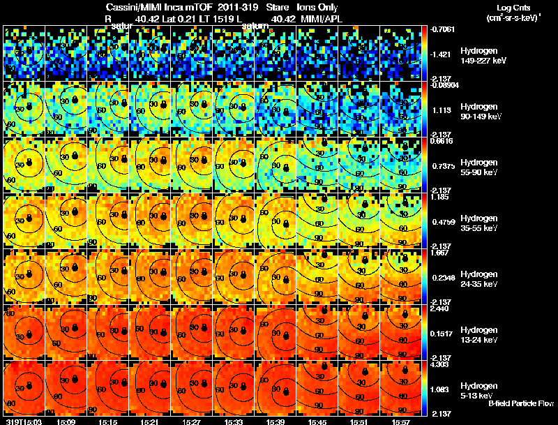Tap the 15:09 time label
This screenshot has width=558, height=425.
tap(66, 422)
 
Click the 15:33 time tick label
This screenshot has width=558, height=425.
tap(234, 422)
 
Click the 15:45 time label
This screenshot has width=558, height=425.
tap(317, 422)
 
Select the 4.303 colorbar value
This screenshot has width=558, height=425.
tap(441, 365)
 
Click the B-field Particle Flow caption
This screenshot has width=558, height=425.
tap(521, 403)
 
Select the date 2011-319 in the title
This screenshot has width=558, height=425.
tap(229, 7)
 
